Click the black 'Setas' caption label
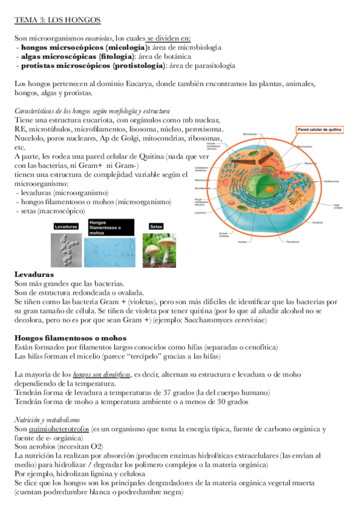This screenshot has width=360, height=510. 156,227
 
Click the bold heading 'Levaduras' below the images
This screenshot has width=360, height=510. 34,274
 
